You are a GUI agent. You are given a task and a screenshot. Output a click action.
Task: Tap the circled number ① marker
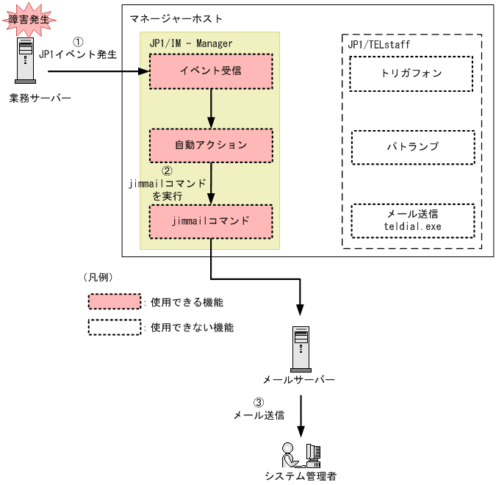[x=79, y=42]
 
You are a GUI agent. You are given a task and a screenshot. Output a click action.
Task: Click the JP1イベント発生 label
[x=79, y=54]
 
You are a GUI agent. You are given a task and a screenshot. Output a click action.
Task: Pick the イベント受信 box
[x=211, y=71]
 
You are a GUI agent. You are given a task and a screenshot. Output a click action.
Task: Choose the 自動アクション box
[x=211, y=145]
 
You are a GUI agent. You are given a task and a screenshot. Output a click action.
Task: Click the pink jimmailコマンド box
[x=211, y=220]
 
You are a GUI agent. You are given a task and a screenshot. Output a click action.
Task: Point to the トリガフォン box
[x=411, y=73]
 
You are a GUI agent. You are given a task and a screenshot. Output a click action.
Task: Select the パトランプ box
[x=412, y=147]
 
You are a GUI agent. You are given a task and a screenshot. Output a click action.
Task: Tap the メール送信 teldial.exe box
[x=412, y=220]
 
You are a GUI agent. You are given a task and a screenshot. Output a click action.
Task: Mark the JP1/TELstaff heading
[x=378, y=45]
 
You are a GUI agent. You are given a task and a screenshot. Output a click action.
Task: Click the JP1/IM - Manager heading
[x=190, y=43]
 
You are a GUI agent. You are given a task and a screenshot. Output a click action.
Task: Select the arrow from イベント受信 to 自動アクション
[x=212, y=108]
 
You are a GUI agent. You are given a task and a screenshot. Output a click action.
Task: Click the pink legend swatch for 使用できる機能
[x=114, y=302]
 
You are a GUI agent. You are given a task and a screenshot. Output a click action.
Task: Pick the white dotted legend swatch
[x=114, y=327]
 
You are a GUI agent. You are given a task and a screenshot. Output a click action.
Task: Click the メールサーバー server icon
[x=299, y=348]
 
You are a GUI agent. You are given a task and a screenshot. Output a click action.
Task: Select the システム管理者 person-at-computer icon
[x=301, y=456]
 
